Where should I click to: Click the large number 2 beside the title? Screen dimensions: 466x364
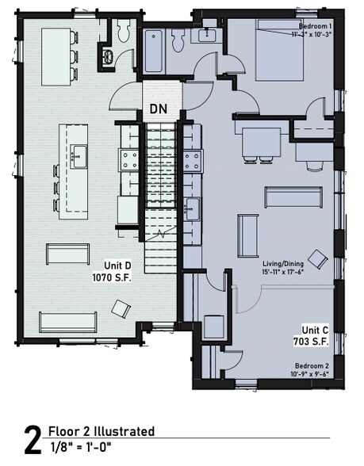click(31, 441)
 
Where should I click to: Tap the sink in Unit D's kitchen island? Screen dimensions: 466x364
click(79, 154)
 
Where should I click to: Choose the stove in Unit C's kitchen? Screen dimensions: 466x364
click(191, 161)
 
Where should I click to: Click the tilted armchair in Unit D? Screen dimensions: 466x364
click(121, 308)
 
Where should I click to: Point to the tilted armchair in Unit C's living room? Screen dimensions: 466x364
click(320, 258)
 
